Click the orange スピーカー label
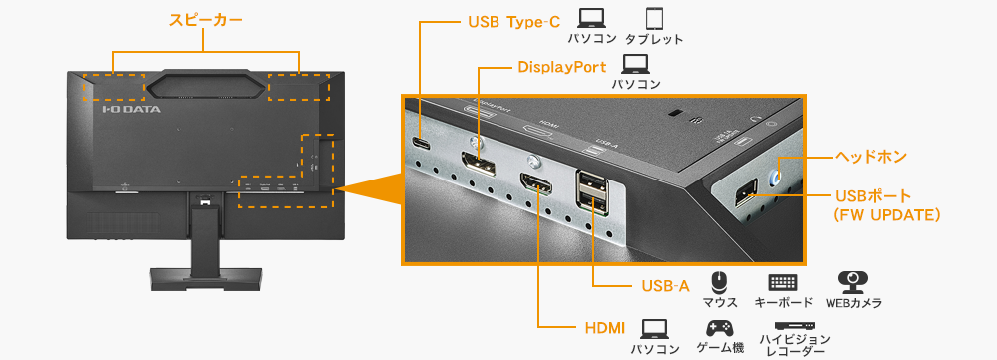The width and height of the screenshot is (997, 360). click(x=206, y=20)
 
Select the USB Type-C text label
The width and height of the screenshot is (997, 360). click(x=514, y=21)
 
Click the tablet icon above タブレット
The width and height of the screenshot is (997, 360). click(x=654, y=18)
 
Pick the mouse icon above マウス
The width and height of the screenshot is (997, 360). click(x=719, y=281)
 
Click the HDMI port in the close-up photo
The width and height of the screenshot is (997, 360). click(x=536, y=186)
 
